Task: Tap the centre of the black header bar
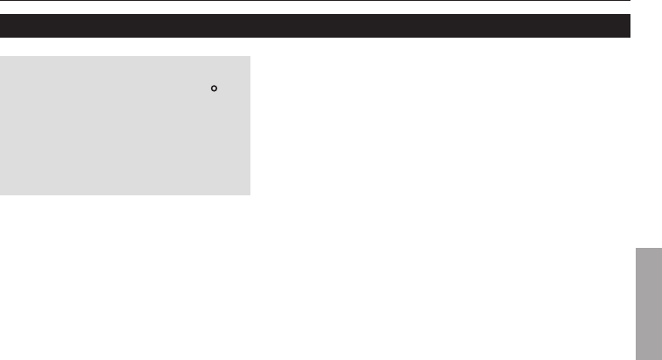coord(315,25)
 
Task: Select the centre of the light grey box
coord(125,126)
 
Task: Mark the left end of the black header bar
coord(2,25)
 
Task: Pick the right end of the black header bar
coord(630,25)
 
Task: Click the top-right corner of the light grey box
coord(250,58)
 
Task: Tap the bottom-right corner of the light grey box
coord(250,194)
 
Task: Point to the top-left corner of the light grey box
coord(1,58)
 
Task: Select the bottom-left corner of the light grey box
coord(1,194)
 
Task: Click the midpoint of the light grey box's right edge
coord(250,126)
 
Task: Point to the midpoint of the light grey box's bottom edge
coord(125,194)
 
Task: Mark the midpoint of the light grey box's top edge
coord(125,58)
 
